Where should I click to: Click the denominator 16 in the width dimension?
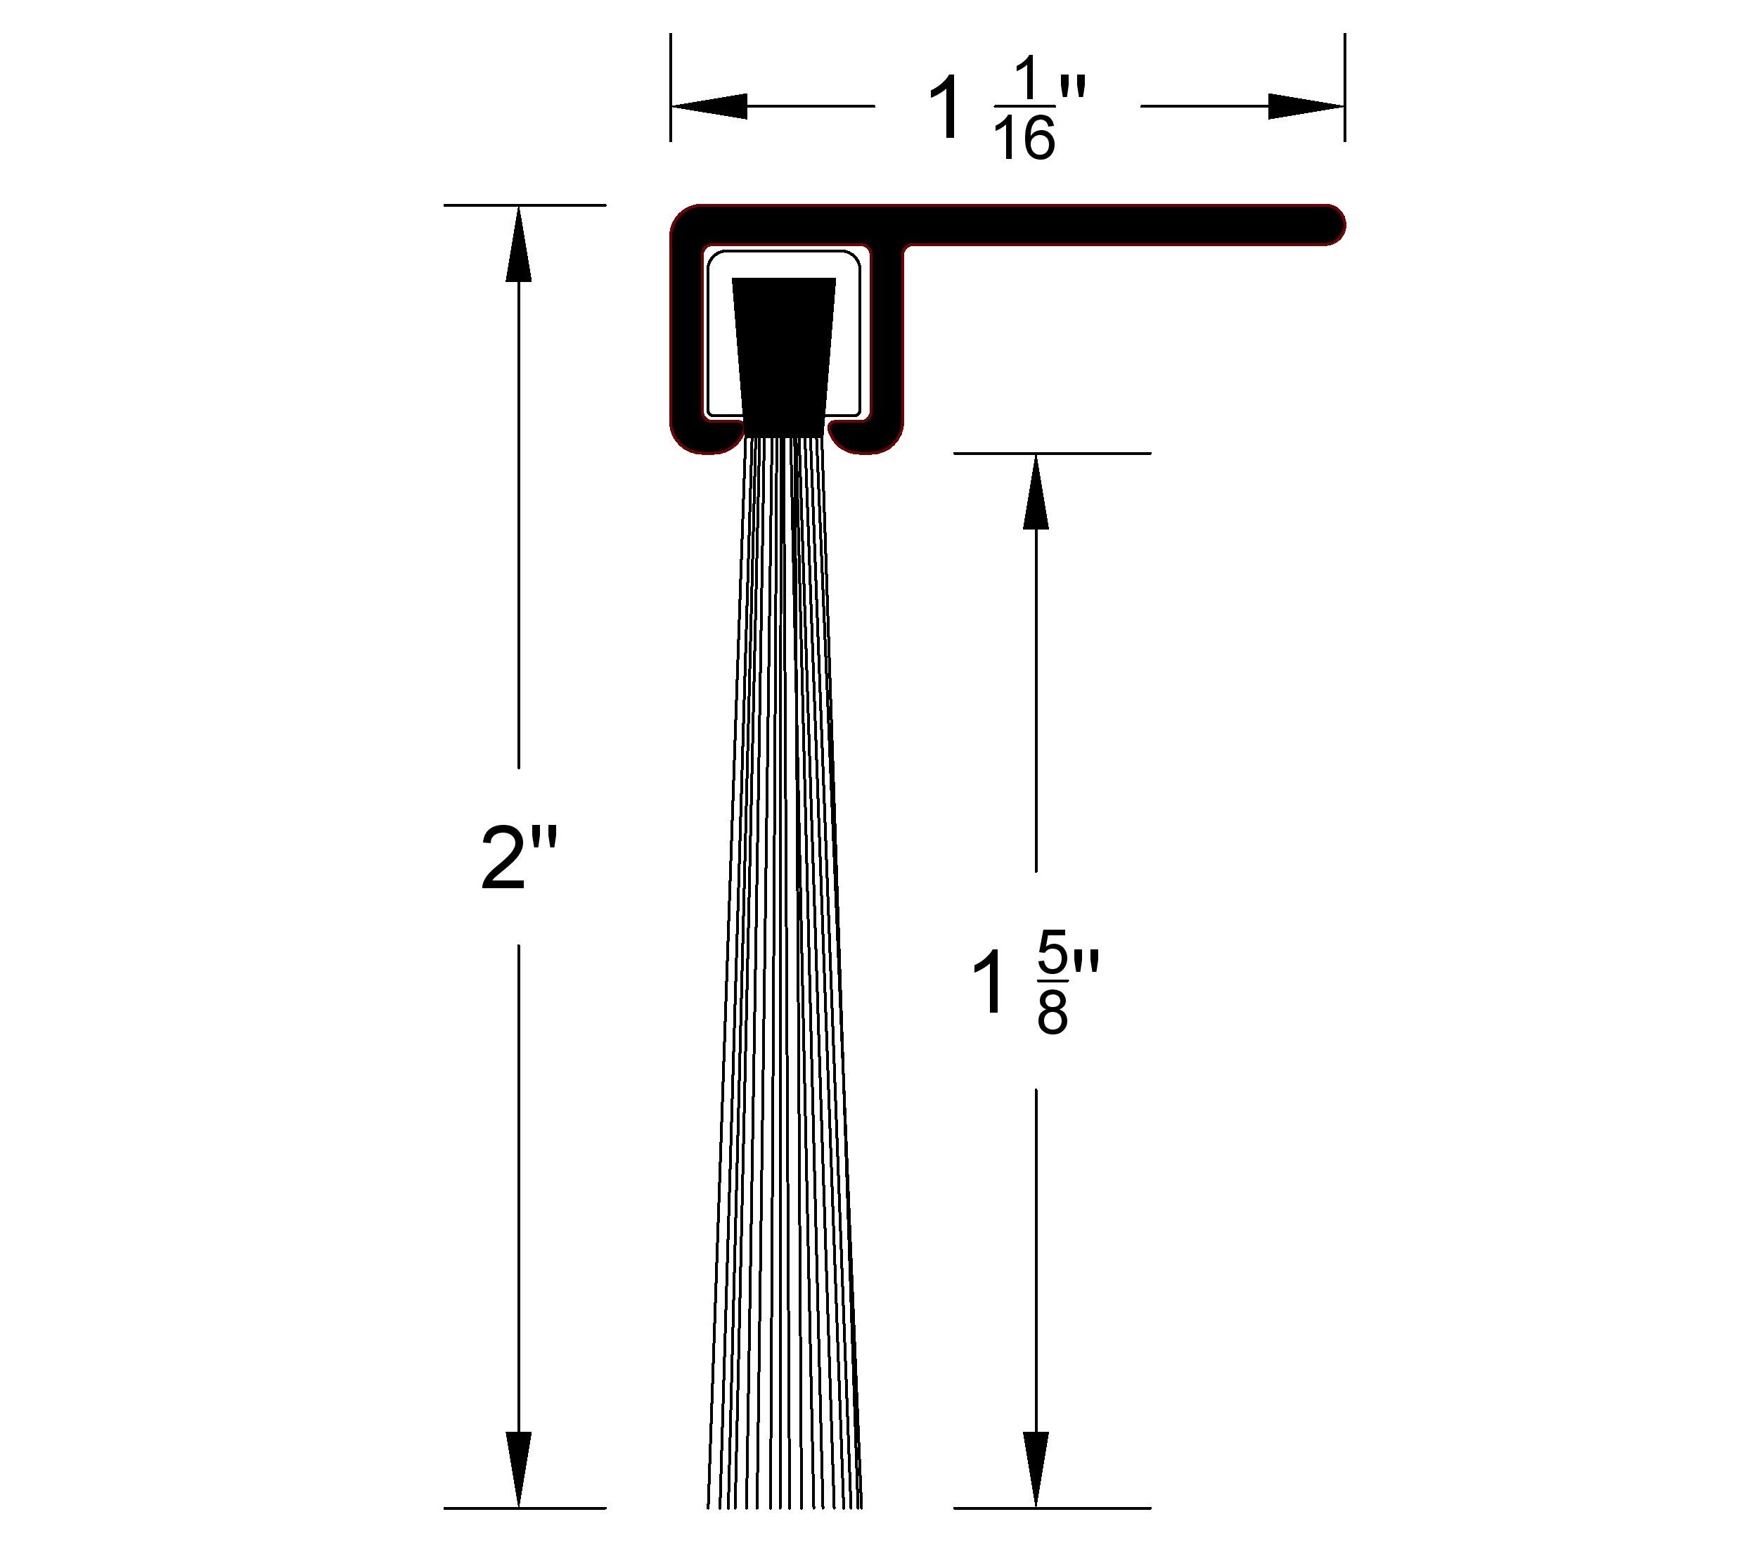[x=1024, y=139]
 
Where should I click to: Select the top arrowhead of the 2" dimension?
[x=518, y=244]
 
